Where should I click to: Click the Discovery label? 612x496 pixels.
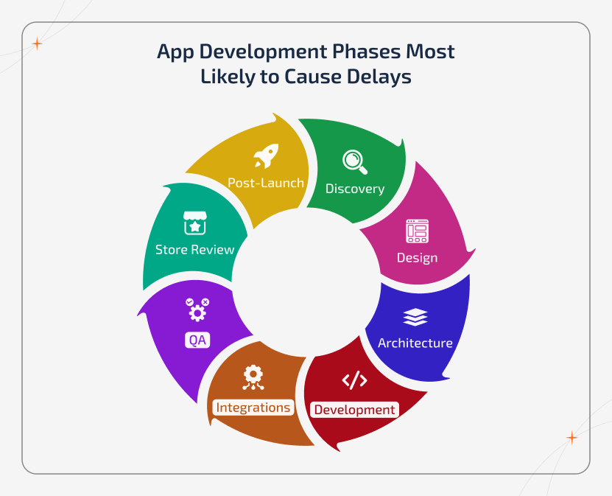(x=355, y=189)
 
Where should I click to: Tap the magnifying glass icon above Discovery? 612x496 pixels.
(x=354, y=161)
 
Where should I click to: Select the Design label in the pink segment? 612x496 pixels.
(x=417, y=257)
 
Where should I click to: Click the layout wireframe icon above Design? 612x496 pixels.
(x=417, y=231)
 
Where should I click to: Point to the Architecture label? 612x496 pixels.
(x=415, y=343)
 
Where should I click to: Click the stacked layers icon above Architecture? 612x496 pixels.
(x=415, y=317)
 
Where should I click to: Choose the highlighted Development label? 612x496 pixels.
(x=355, y=410)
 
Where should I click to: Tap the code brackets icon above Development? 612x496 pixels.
(x=354, y=380)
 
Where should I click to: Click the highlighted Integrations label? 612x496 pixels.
(x=253, y=407)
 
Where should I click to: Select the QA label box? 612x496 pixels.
(x=197, y=340)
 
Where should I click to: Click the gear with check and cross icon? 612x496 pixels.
(x=197, y=310)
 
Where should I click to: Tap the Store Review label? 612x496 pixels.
(x=194, y=249)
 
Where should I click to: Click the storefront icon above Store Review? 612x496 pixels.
(x=194, y=223)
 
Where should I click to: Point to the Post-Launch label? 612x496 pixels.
(x=265, y=183)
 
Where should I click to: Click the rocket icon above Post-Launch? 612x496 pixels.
(x=265, y=156)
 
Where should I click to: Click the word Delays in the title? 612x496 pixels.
(x=377, y=77)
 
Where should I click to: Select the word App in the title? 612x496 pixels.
(x=177, y=52)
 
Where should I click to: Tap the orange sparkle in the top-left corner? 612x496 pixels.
(x=37, y=43)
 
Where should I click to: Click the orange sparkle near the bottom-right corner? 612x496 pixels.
(x=571, y=438)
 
